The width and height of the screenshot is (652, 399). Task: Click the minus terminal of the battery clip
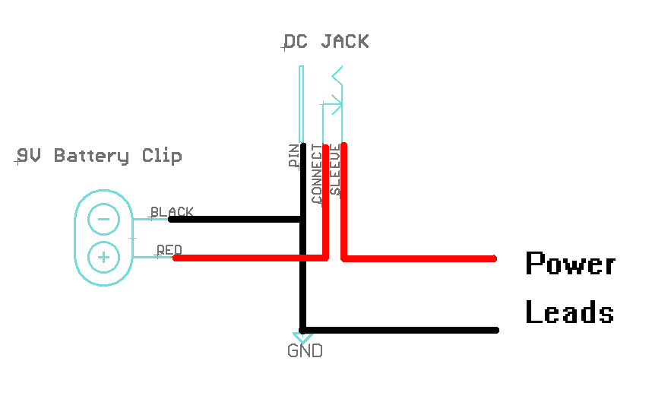click(x=103, y=220)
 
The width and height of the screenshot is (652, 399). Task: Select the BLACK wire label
click(x=172, y=212)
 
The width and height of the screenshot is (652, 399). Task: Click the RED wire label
click(x=169, y=250)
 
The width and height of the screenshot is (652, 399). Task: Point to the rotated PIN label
click(x=293, y=156)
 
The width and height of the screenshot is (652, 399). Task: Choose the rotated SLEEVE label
click(x=335, y=171)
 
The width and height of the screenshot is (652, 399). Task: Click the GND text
click(x=305, y=351)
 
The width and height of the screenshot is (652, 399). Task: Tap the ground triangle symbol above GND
click(x=301, y=335)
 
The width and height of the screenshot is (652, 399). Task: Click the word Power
click(x=570, y=264)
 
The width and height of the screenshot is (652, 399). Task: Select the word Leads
click(x=569, y=312)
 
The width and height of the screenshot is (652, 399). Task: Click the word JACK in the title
click(x=344, y=41)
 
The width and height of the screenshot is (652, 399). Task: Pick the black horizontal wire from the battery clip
click(x=236, y=219)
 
